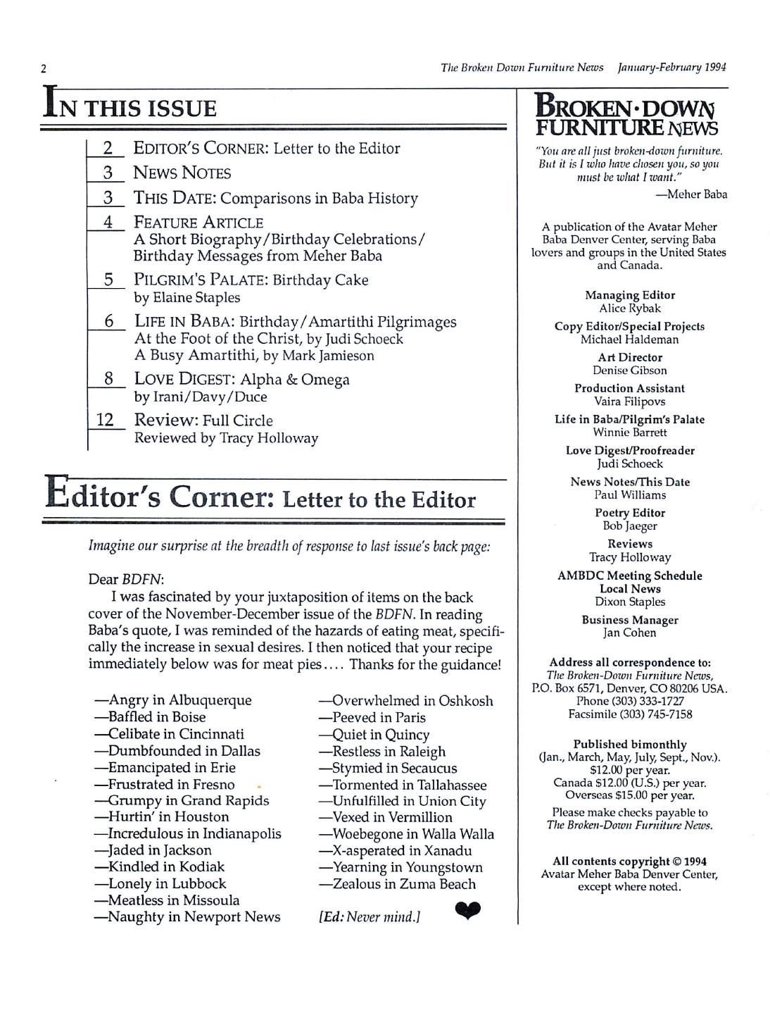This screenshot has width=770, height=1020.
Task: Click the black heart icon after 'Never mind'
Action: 467,912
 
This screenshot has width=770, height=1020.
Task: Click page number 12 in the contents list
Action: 105,421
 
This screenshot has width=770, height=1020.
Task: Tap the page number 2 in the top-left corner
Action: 44,69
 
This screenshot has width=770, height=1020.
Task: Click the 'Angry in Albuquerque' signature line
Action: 173,700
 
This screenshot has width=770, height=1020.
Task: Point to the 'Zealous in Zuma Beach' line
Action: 398,884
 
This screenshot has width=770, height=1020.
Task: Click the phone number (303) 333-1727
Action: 630,702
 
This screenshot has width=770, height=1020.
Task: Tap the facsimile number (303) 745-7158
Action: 630,714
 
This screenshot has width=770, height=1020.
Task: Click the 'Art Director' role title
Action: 630,357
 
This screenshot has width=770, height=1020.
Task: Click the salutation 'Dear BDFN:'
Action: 126,580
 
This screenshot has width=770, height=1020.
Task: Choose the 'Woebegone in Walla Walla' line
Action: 407,834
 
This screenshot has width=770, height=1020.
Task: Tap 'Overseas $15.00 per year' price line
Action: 630,796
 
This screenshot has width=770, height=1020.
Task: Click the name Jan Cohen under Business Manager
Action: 630,633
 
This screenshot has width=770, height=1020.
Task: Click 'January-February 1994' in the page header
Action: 671,68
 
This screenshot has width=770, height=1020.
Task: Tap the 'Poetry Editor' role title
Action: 630,513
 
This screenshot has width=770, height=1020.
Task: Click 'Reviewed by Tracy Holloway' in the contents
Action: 226,438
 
